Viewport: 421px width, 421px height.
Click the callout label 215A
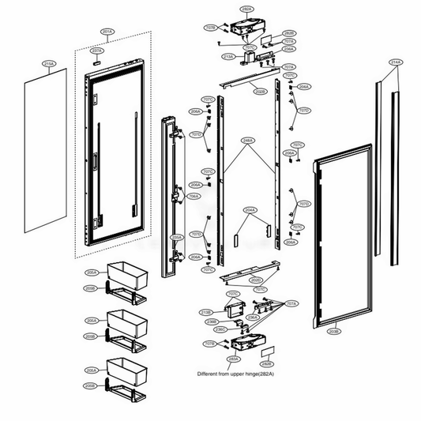coord(48,62)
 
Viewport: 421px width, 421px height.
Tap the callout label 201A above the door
coord(108,32)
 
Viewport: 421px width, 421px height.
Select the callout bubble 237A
coord(97,50)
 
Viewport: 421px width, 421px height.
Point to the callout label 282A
coord(246,9)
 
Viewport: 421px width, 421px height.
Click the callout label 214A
coord(395,61)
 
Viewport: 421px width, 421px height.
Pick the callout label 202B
coord(259,92)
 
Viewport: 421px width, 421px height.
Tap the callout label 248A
coord(248,141)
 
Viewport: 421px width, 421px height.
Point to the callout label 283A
coord(233,358)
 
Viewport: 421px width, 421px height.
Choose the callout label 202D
coord(255,280)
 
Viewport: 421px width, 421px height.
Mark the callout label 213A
coord(228,57)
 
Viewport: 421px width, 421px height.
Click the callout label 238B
coord(212,321)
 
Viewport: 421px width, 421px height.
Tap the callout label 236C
coord(220,329)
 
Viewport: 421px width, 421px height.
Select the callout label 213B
coord(206,312)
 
